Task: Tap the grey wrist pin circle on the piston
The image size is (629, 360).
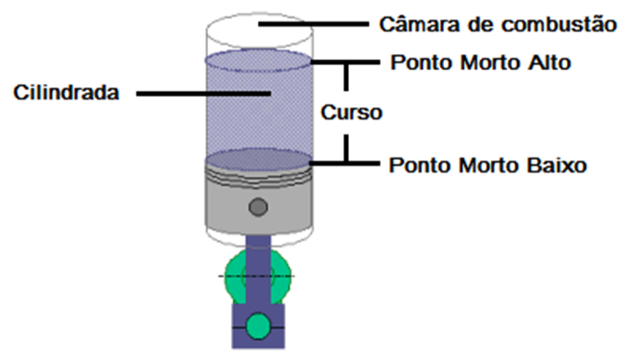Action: (259, 207)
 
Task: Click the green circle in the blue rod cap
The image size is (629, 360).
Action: (259, 327)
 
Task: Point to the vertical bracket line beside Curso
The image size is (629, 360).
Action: (346, 85)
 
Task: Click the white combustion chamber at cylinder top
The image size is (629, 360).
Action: (259, 32)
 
